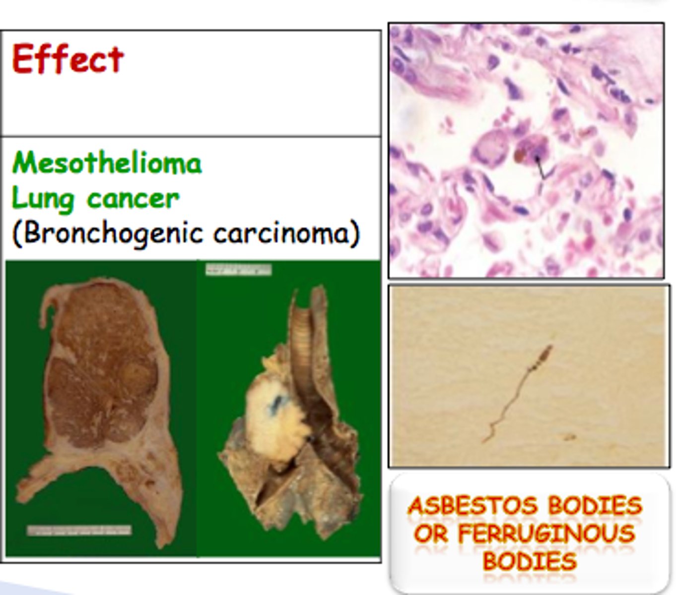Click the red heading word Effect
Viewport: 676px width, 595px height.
(68, 59)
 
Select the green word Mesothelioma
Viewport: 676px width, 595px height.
(107, 163)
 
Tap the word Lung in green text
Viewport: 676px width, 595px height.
(42, 199)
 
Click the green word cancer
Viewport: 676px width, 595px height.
(133, 199)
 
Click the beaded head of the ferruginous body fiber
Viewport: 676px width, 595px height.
(545, 354)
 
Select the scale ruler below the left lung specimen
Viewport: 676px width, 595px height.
(79, 530)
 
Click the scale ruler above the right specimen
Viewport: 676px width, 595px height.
(239, 270)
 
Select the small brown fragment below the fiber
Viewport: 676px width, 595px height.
(567, 437)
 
